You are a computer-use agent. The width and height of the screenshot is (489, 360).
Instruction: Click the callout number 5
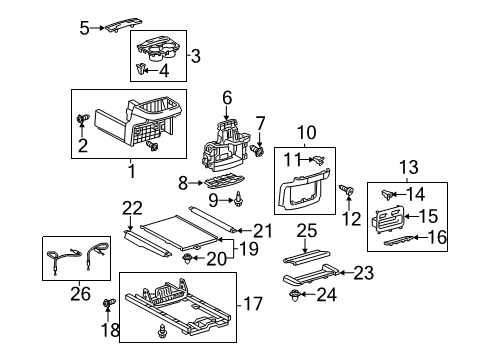[84, 27]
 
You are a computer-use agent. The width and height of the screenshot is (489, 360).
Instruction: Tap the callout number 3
[196, 56]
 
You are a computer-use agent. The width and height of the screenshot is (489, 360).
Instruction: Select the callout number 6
[227, 97]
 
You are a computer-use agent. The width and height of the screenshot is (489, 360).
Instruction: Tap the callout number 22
[127, 207]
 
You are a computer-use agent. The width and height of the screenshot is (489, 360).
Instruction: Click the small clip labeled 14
[389, 192]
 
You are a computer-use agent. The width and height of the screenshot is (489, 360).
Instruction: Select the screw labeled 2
[79, 120]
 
